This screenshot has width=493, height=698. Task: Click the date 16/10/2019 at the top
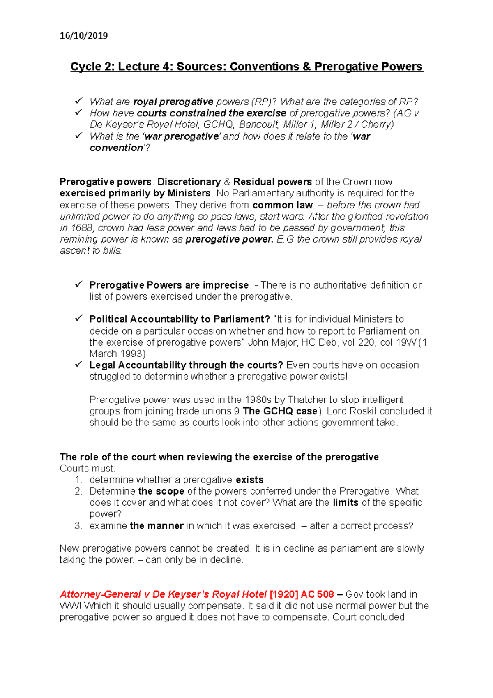pos(83,36)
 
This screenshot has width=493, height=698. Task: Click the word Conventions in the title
pos(264,67)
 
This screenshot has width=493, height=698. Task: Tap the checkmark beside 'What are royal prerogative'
pos(78,101)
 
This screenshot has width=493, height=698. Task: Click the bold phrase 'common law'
pos(283,205)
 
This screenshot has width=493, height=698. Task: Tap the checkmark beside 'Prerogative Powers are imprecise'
pos(78,284)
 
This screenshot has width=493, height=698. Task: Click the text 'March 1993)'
pos(117,354)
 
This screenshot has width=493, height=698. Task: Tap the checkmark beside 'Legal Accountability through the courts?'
pos(78,364)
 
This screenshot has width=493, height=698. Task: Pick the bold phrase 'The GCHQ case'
pos(280,411)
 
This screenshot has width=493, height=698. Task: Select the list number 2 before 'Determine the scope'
pos(78,491)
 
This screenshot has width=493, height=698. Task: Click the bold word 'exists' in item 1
pos(249,480)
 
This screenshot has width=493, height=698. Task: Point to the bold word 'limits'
pos(345,502)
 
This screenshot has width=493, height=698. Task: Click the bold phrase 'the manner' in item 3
pos(157,526)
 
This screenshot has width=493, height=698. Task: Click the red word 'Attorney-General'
pos(100,594)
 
